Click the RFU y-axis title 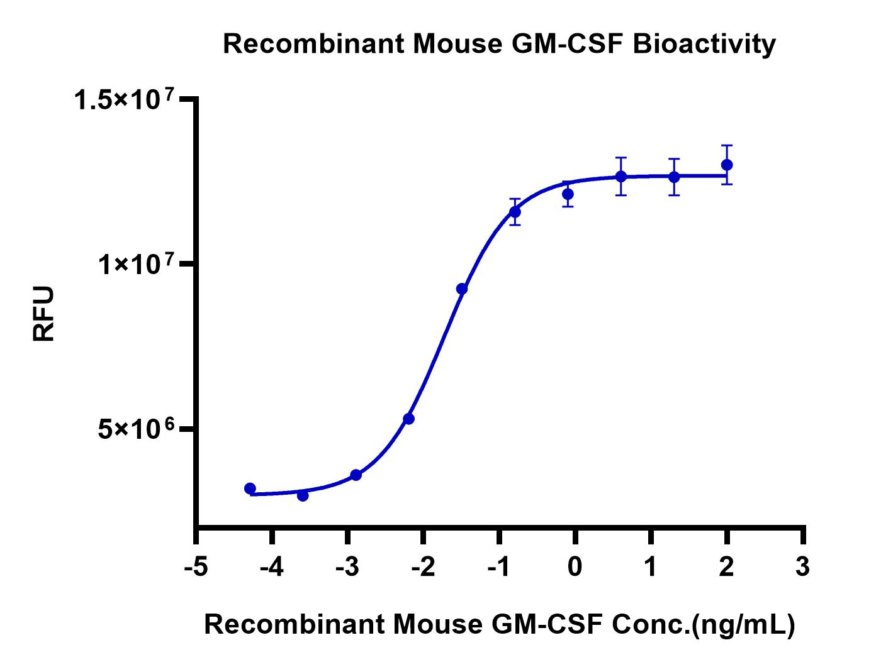click(44, 314)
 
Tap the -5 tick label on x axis click(196, 568)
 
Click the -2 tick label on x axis click(423, 568)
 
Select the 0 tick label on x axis click(575, 568)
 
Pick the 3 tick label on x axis click(802, 568)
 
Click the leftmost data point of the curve click(250, 488)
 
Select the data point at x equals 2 click(727, 165)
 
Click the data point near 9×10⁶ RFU click(462, 289)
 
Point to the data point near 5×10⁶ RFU click(408, 418)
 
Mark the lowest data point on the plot click(303, 495)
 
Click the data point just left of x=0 click(568, 194)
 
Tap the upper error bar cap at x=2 click(727, 145)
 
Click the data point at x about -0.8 click(515, 212)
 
